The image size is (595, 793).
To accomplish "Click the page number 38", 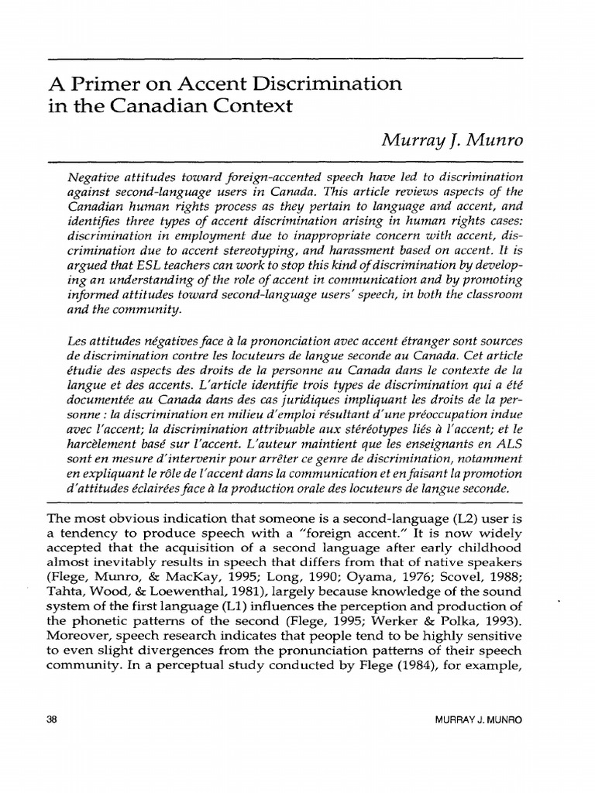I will (53, 719).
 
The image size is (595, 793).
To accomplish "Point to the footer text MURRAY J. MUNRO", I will (480, 719).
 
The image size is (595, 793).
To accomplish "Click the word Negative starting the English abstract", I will (95, 177).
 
